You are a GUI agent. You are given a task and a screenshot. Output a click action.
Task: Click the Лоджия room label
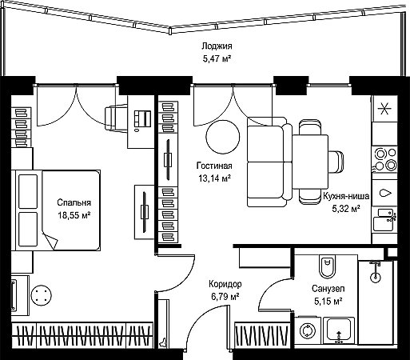pyautogui.click(x=217, y=46)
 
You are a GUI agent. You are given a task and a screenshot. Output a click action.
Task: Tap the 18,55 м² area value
pyautogui.click(x=74, y=215)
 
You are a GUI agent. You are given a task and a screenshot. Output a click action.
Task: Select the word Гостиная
pyautogui.click(x=214, y=166)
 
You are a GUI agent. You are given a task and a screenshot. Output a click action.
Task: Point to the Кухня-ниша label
pyautogui.click(x=346, y=196)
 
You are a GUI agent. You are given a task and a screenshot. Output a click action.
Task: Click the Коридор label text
pyautogui.click(x=225, y=284)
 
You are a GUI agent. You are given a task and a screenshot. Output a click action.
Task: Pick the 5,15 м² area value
pyautogui.click(x=328, y=302)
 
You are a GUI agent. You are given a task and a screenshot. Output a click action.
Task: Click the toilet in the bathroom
pyautogui.click(x=327, y=267)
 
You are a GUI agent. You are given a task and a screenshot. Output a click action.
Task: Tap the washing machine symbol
pyautogui.click(x=308, y=330)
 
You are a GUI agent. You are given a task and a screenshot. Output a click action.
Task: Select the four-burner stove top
pyautogui.click(x=385, y=159)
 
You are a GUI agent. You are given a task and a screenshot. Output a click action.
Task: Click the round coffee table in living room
pyautogui.click(x=223, y=137)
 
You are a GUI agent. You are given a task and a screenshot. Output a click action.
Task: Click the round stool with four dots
pyautogui.click(x=41, y=295)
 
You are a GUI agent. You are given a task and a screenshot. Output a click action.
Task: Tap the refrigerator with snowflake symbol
pyautogui.click(x=384, y=109)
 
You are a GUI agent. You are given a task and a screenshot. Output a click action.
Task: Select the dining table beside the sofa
pyautogui.click(x=310, y=162)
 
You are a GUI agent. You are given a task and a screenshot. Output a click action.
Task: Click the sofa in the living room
pyautogui.click(x=269, y=162)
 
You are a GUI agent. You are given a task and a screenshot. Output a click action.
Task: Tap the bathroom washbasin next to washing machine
pyautogui.click(x=339, y=330)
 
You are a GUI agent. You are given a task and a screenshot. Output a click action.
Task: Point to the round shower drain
pyautogui.click(x=375, y=277)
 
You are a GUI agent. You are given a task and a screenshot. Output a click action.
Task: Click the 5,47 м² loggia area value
pyautogui.click(x=217, y=58)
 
